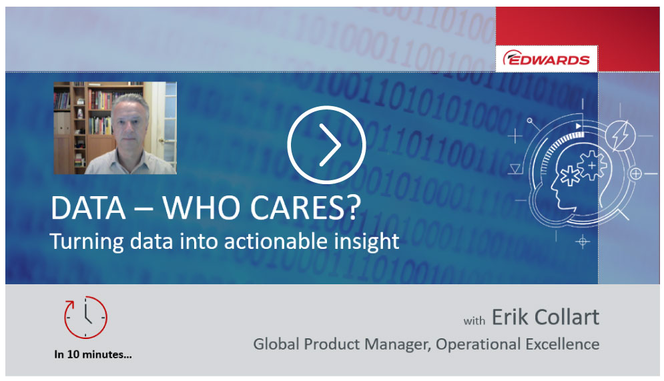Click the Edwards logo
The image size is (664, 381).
click(547, 59)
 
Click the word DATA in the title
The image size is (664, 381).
click(88, 208)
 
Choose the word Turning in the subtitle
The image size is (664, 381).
click(87, 242)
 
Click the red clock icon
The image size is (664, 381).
click(85, 317)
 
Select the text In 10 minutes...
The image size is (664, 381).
click(93, 354)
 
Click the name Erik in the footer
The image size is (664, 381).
click(510, 317)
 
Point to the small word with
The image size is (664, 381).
click(474, 321)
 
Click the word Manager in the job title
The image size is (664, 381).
click(398, 344)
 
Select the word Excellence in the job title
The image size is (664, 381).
click(563, 344)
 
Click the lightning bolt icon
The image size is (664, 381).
click(621, 136)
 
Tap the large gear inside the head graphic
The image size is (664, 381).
click(592, 165)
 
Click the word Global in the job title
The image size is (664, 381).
click(276, 344)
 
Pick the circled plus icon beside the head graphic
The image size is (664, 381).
click(635, 173)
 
